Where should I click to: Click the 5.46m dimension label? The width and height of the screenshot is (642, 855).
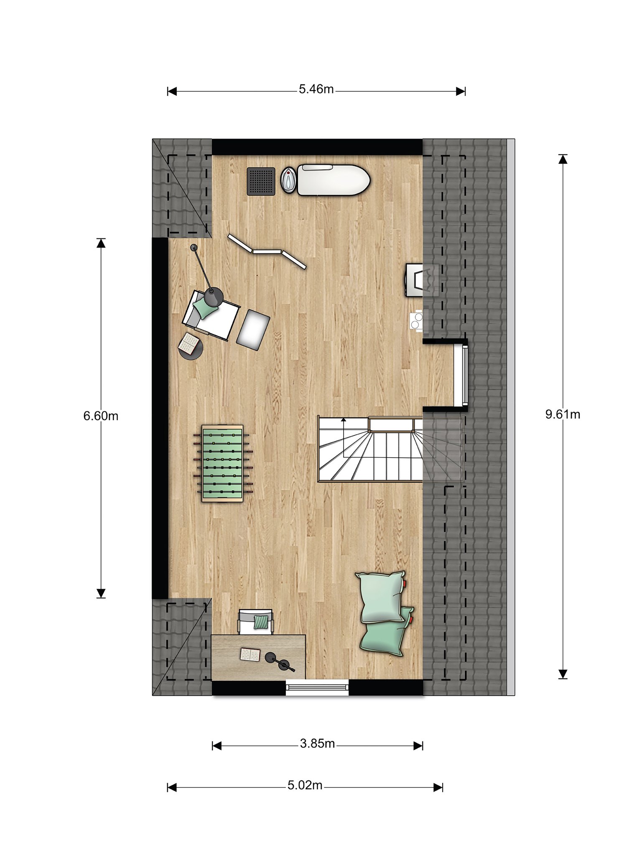click(316, 89)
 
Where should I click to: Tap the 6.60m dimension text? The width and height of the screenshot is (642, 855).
click(101, 416)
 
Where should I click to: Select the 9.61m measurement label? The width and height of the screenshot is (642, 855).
click(563, 414)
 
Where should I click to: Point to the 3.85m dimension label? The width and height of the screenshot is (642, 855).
click(317, 744)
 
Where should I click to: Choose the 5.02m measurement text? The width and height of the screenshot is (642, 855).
click(305, 785)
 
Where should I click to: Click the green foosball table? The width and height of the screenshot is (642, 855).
click(222, 463)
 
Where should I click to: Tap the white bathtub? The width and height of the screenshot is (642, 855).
click(334, 180)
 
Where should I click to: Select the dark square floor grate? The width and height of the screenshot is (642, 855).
click(261, 181)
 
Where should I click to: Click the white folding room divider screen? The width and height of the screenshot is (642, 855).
click(267, 251)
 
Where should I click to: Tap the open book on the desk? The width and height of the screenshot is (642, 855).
click(250, 655)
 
